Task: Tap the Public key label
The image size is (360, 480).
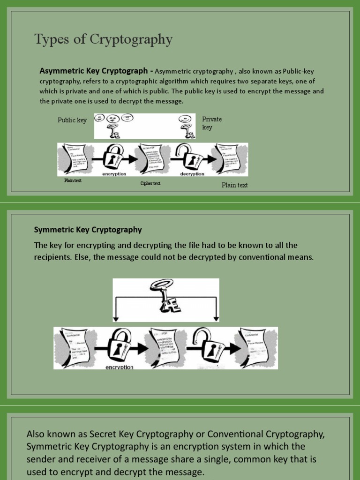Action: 72,120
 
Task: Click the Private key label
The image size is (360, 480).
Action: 211,123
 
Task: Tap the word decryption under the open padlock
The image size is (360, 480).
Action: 192,174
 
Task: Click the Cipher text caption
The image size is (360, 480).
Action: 150,183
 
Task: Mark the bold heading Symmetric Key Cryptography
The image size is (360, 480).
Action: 88,230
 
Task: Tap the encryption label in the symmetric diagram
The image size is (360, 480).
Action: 120,367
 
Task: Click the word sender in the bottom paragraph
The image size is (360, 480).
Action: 40,459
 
